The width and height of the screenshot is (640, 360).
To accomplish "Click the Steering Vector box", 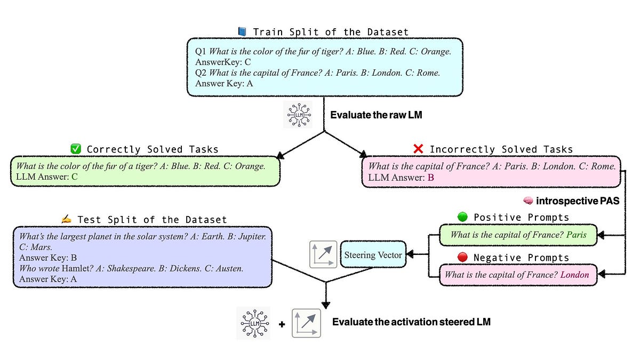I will pos(373,255).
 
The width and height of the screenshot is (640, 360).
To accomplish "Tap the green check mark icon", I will pos(75,149).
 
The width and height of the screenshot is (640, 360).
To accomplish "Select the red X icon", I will pos(418,149).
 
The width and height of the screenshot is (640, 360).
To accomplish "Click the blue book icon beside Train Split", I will pos(242,32).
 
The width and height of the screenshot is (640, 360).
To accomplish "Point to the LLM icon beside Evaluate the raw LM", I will pos(297,115).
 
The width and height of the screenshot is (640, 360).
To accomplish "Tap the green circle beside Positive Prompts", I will pos(462,217).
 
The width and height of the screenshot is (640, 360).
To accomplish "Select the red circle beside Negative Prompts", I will pos(462,257).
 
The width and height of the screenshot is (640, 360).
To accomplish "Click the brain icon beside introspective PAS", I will pos(528,201).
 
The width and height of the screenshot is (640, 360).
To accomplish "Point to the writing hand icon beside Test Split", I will pos(66,219).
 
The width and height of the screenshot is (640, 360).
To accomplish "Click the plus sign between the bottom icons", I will pos(281,324).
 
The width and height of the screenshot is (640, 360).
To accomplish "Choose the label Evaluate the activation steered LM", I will pos(411,322).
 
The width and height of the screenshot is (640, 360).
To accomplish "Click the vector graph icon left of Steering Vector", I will pos(323,254).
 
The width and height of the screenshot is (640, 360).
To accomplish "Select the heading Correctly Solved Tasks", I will pos(153,149).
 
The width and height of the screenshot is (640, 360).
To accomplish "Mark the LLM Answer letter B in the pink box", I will pos(431,178).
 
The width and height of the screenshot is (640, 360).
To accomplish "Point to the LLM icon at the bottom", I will pos(253,323).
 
